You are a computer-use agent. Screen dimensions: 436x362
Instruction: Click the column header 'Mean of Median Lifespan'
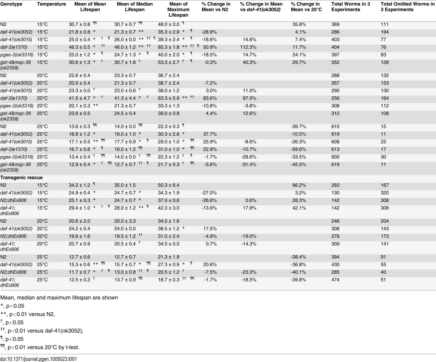click(134, 7)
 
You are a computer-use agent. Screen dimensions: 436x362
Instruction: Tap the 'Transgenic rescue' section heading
click(21, 177)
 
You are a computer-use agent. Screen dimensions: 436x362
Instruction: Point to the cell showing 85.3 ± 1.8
click(169, 47)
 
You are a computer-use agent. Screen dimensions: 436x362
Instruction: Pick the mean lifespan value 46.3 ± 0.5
click(80, 47)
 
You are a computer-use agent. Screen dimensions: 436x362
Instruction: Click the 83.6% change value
click(209, 98)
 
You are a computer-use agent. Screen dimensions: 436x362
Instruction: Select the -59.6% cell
click(298, 149)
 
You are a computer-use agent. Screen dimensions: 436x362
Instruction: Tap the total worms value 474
click(335, 280)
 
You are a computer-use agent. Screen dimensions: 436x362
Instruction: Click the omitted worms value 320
click(384, 193)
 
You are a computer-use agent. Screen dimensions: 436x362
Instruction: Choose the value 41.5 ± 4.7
click(80, 98)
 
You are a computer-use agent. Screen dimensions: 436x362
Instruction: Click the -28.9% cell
click(209, 32)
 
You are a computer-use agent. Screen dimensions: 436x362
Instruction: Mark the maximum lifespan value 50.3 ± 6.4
click(169, 186)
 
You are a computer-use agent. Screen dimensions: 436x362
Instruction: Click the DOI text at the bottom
click(38, 359)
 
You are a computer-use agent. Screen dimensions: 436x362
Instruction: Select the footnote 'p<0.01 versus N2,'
click(28, 314)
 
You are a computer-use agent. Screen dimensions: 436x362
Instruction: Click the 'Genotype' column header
click(11, 4)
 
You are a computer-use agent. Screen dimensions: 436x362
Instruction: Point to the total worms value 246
click(335, 221)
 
